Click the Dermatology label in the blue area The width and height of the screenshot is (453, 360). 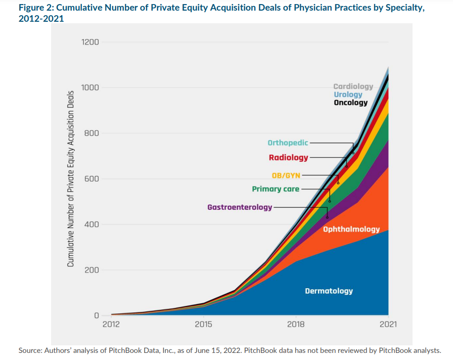click(329, 291)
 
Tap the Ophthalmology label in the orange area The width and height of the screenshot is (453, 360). click(351, 230)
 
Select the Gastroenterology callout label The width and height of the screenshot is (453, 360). click(240, 207)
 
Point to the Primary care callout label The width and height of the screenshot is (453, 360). click(276, 189)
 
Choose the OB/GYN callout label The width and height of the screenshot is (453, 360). click(286, 175)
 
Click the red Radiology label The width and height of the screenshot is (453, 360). click(288, 158)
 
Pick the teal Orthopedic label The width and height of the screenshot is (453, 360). click(288, 143)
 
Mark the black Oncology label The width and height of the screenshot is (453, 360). click(350, 103)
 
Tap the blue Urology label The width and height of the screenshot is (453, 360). click(348, 95)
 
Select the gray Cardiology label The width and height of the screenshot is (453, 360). click(353, 86)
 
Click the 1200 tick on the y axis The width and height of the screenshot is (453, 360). click(90, 42)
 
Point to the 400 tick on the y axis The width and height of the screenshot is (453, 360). click(92, 224)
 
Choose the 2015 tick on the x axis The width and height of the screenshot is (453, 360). click(203, 324)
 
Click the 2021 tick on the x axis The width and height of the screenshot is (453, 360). click(388, 324)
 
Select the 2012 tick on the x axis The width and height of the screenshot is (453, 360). click(111, 324)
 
